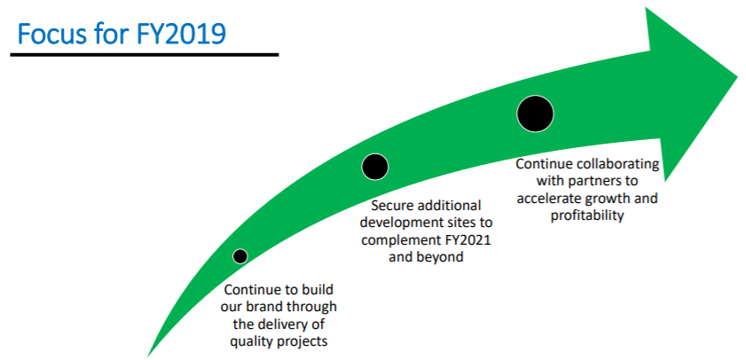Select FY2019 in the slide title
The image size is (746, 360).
[x=182, y=34]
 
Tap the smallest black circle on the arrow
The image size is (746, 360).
[x=240, y=256]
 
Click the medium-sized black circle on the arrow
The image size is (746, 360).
[x=375, y=167]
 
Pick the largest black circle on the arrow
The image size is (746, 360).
[x=535, y=113]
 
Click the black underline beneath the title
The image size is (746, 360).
[x=145, y=55]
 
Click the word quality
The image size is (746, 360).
[x=246, y=342]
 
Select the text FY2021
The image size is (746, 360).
[x=469, y=240]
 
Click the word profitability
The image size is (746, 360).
[x=587, y=215]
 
